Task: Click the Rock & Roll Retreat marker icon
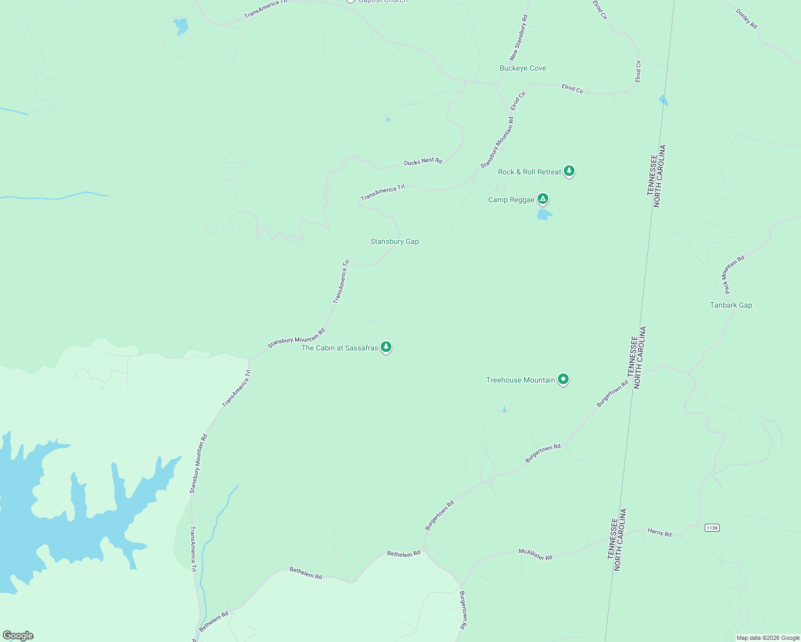[x=569, y=171]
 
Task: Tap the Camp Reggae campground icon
[x=543, y=199]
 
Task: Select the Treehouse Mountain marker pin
[x=563, y=379]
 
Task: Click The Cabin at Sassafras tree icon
[x=386, y=347]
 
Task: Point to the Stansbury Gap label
[x=395, y=241]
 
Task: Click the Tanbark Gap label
[x=731, y=305]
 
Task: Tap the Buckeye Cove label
[x=523, y=68]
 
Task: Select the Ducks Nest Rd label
[x=423, y=161]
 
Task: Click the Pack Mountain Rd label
[x=734, y=274]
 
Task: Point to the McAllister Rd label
[x=535, y=554]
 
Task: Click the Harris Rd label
[x=659, y=532]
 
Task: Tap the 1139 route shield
[x=712, y=528]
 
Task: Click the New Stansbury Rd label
[x=518, y=37]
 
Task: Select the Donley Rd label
[x=746, y=19]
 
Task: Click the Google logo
[x=18, y=636]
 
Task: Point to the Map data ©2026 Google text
[x=768, y=638]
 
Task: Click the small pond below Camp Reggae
[x=544, y=215]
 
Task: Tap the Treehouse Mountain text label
[x=520, y=380]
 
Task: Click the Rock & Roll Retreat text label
[x=530, y=172]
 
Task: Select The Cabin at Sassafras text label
[x=339, y=348]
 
